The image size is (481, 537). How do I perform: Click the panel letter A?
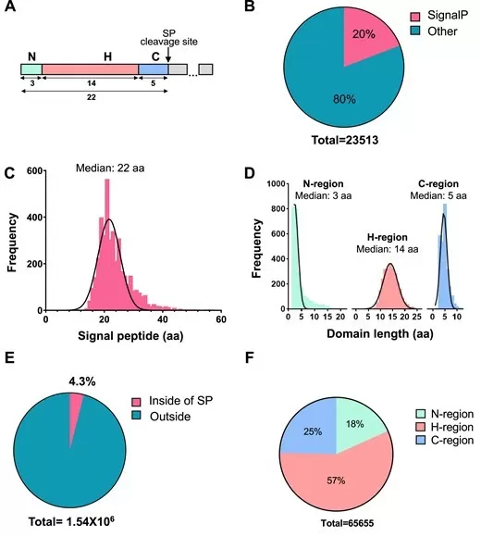click(x=13, y=10)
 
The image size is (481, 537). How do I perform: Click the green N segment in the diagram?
click(x=31, y=69)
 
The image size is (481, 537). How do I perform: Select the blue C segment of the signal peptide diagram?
click(x=154, y=69)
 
